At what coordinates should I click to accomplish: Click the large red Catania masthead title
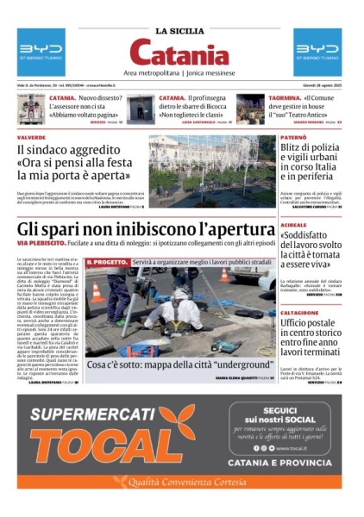click(x=181, y=56)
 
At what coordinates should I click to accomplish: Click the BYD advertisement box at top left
click(x=41, y=53)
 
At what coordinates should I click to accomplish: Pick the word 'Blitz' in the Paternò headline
click(x=294, y=152)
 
